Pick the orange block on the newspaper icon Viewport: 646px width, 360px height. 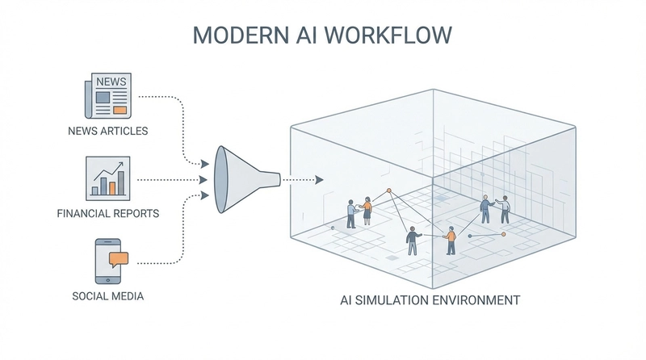[x=120, y=109]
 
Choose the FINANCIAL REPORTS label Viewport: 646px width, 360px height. [x=107, y=215]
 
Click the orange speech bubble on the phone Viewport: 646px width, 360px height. [x=118, y=258]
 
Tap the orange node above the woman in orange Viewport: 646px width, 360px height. [x=388, y=190]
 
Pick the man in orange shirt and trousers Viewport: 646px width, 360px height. [x=451, y=241]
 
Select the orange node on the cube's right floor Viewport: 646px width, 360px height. [x=502, y=234]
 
